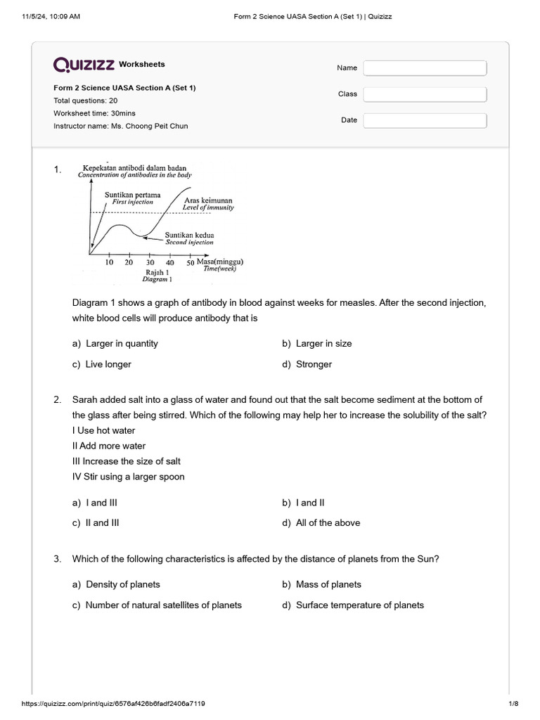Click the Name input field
(x=425, y=68)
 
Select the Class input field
(x=425, y=94)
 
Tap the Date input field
(x=425, y=120)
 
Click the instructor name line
(x=120, y=126)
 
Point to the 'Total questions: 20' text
(x=86, y=101)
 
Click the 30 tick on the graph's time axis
(x=149, y=262)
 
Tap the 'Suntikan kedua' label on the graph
(x=189, y=235)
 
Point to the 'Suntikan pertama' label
(x=132, y=194)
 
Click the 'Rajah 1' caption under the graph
(x=156, y=271)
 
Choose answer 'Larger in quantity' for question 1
(x=122, y=344)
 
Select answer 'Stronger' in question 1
(x=314, y=364)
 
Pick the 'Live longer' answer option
(x=108, y=364)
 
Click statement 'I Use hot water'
(x=104, y=430)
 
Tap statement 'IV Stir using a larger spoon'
(x=129, y=477)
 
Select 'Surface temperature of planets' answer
(x=359, y=605)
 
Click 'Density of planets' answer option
(x=122, y=584)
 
